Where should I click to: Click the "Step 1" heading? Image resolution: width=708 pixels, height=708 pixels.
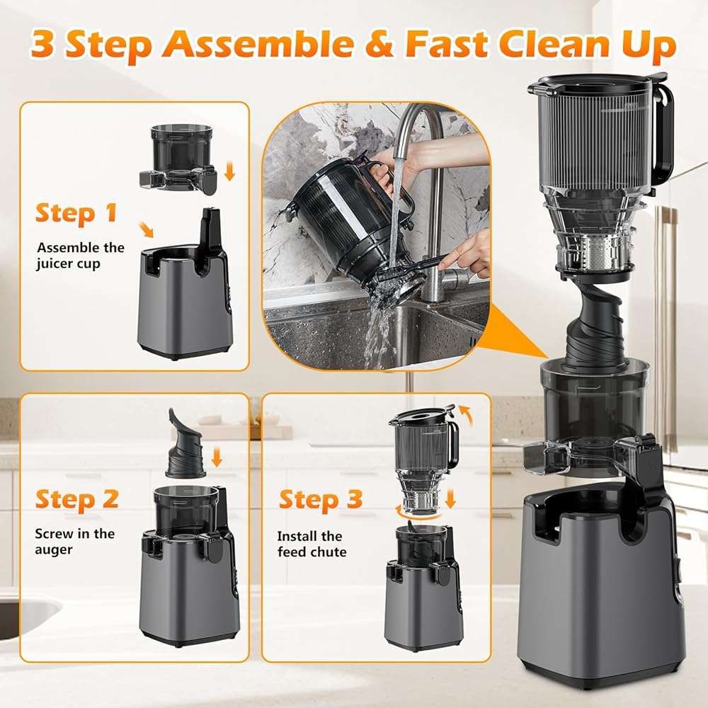[76, 212]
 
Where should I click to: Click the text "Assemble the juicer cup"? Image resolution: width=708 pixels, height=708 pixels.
[80, 256]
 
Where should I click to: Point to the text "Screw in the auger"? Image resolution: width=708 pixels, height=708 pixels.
[74, 542]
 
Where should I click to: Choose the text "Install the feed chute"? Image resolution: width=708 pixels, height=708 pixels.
[312, 544]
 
